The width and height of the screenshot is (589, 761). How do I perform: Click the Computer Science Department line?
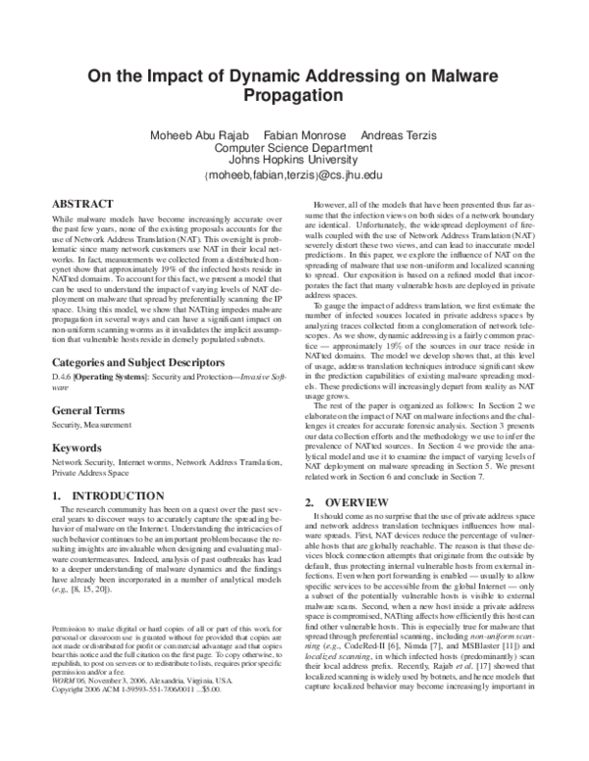pyautogui.click(x=294, y=148)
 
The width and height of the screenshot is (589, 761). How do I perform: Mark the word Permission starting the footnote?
pyautogui.click(x=70, y=626)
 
